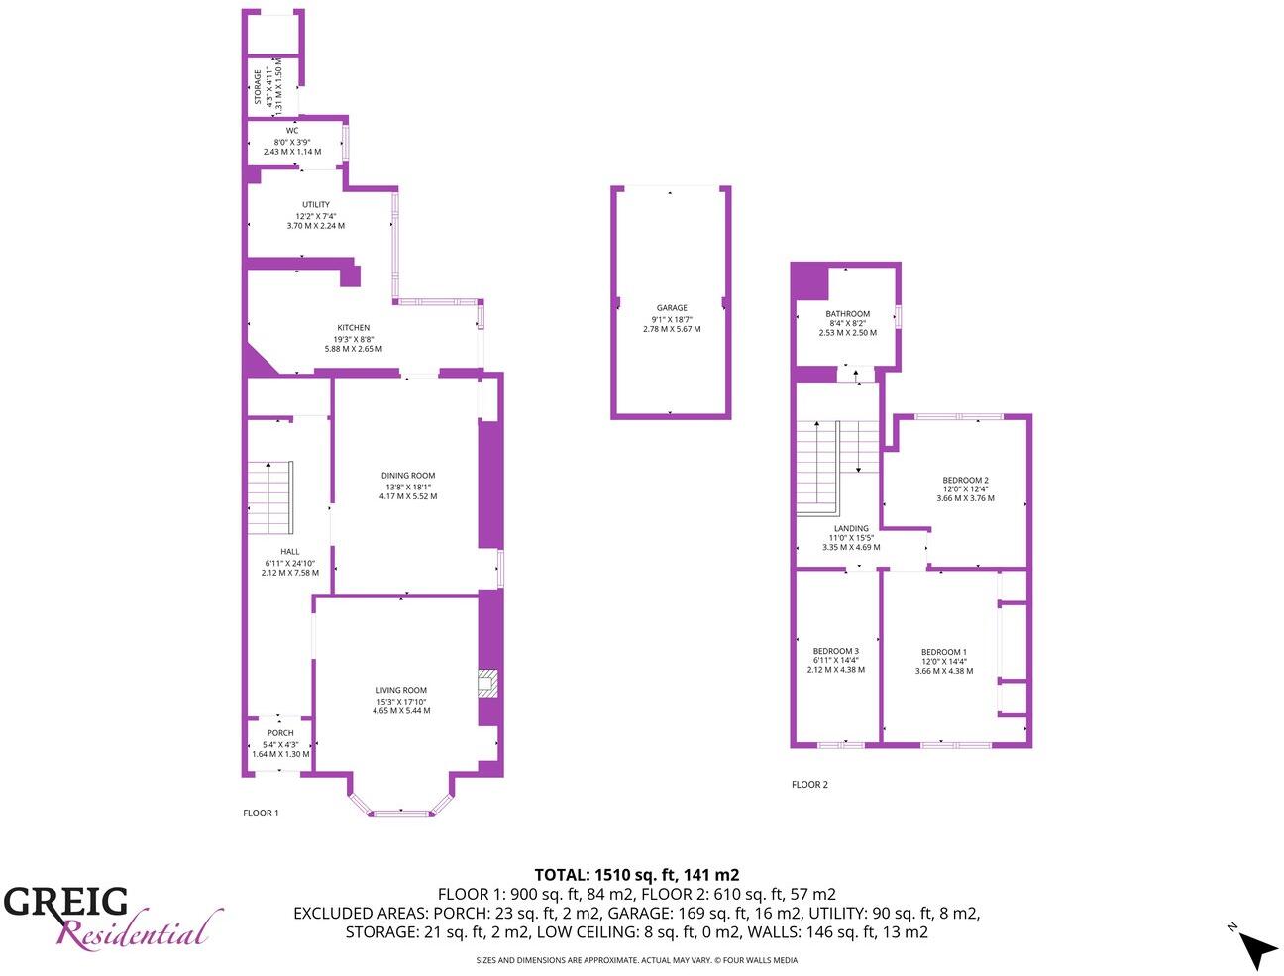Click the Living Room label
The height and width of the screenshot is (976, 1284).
point(401,691)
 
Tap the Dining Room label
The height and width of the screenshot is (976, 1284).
point(408,476)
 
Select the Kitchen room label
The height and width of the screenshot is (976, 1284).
point(354,328)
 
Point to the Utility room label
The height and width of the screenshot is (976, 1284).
point(316,205)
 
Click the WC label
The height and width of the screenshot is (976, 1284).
point(292,131)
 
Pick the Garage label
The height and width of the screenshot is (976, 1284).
point(672,308)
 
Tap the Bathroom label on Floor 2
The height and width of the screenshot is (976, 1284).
point(848,314)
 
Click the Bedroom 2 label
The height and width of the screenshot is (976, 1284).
point(965,480)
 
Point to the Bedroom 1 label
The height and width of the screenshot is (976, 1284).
point(944,652)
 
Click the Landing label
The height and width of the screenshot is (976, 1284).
point(851,528)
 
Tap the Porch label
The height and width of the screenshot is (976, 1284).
point(280,733)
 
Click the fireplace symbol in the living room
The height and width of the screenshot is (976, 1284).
point(486,684)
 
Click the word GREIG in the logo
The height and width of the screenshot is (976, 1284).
point(66,902)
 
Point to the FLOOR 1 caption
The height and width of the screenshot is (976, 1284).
point(262,813)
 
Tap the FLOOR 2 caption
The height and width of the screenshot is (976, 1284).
point(809,785)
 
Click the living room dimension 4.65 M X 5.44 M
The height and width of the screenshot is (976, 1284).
point(401,711)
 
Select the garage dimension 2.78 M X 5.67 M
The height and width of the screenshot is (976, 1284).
point(672,329)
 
